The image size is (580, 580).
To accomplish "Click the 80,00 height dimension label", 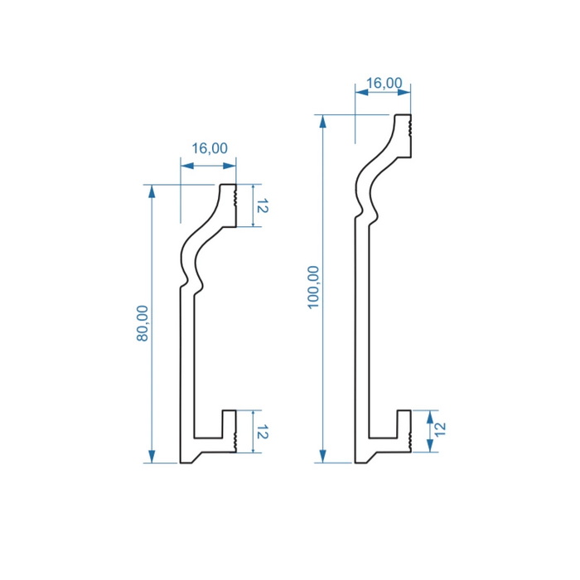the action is (143, 323).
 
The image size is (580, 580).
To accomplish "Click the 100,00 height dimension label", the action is (313, 287).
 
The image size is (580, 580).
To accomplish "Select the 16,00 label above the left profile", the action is (210, 148).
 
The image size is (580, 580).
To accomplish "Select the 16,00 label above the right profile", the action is (384, 83).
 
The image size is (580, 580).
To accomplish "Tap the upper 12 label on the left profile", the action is (262, 205).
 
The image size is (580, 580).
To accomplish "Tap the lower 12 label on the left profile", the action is (262, 432).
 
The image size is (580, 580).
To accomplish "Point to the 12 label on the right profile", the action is (440, 429).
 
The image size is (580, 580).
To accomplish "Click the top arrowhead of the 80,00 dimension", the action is (152, 191).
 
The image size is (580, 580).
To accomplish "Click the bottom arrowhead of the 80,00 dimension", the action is (152, 457).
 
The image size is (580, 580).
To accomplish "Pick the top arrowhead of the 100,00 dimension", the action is (323, 121).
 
